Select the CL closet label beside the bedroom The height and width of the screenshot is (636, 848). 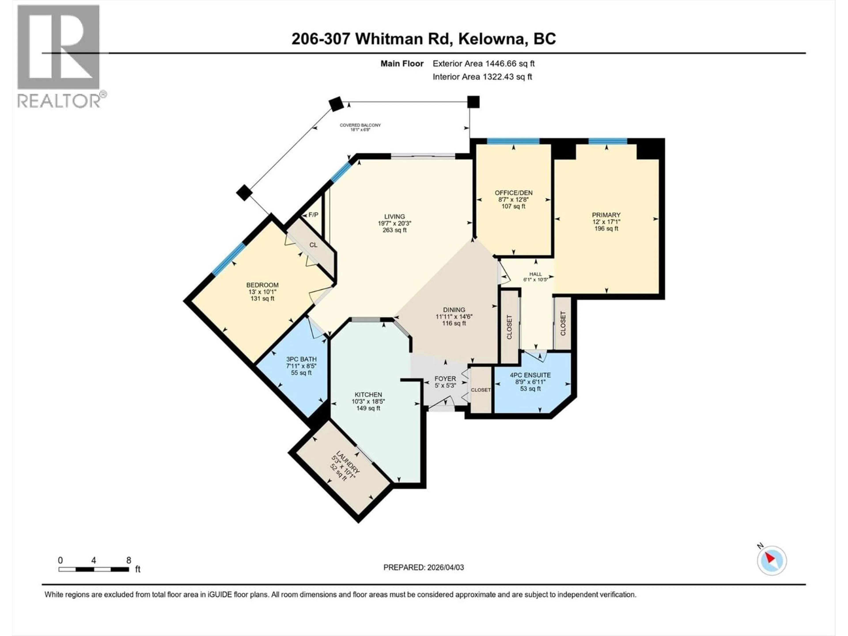(313, 245)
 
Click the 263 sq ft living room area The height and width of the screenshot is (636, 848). (394, 230)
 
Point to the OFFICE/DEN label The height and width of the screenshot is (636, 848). (513, 193)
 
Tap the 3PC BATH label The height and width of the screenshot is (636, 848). (301, 359)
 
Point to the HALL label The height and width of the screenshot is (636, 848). (536, 274)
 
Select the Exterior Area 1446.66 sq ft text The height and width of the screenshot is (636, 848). (483, 64)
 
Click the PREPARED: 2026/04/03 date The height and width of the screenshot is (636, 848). (424, 567)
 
